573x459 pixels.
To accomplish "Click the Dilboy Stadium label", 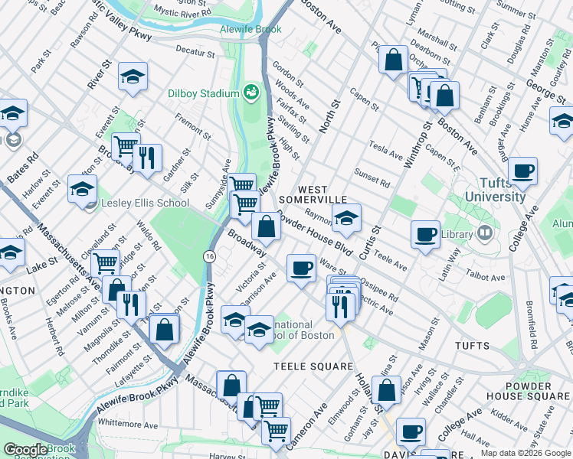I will coord(204,93).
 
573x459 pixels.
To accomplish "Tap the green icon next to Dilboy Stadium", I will coord(250,93).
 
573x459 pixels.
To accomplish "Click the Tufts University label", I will coord(502,190).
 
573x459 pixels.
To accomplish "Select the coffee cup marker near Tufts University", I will coord(523,171).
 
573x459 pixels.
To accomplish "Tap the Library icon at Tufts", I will coord(484,233).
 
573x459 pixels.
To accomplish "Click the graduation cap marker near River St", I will coord(133,76).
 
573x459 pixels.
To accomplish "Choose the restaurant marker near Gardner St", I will coord(146,157).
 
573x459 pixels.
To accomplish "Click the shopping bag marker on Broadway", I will coord(266,226).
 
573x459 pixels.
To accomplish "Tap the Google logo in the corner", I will coord(25,450).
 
